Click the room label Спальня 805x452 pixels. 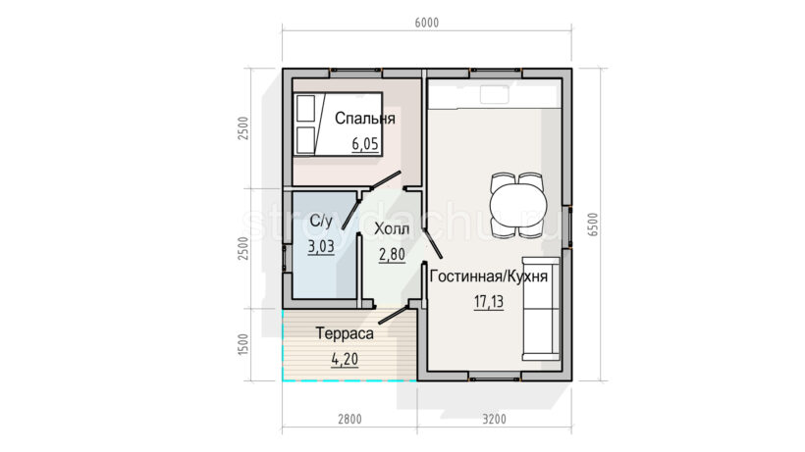tap(365, 119)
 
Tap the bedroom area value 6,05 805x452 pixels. tap(365, 144)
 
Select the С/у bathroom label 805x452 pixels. tap(321, 222)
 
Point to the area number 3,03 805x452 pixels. tap(321, 246)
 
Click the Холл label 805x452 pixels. tap(392, 228)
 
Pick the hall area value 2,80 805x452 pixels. tap(392, 254)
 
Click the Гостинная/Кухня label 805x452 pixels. tap(488, 276)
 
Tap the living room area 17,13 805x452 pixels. tap(488, 302)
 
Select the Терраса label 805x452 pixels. tap(345, 333)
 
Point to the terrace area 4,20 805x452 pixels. tap(345, 359)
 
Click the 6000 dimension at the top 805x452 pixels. tap(427, 23)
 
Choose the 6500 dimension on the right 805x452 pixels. tap(593, 224)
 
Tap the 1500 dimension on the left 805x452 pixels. tap(242, 344)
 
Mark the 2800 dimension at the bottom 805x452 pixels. tap(349, 420)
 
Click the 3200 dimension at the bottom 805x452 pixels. tap(495, 420)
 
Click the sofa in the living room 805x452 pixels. tap(541, 309)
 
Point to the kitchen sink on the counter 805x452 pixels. tap(495, 94)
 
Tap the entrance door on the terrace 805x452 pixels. tap(393, 315)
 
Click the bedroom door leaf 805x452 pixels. tap(386, 181)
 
